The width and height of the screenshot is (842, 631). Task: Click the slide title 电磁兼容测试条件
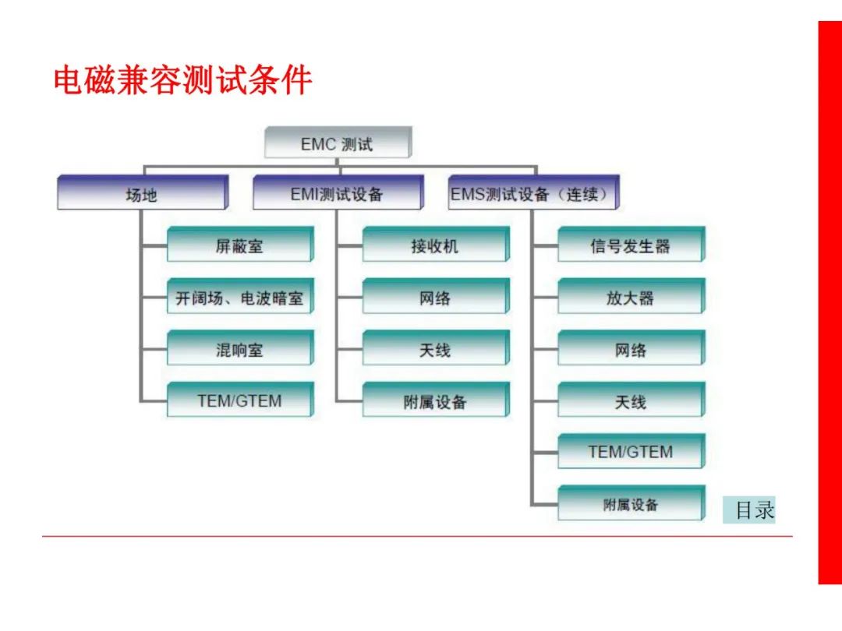click(182, 80)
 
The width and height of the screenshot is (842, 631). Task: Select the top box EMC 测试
click(338, 143)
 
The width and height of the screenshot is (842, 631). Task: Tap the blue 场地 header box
click(143, 192)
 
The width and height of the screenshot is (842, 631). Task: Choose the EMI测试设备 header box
click(338, 192)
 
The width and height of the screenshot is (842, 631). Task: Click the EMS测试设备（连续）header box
click(534, 192)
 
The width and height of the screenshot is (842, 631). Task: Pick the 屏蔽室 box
click(241, 244)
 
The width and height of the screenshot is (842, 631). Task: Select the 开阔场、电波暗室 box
click(241, 296)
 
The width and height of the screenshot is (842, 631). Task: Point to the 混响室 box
click(241, 347)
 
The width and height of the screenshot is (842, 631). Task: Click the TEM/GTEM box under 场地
click(241, 399)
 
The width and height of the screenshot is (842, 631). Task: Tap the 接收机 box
click(436, 244)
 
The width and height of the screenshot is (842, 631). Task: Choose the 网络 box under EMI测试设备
click(436, 296)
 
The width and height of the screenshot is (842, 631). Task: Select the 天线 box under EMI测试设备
click(436, 347)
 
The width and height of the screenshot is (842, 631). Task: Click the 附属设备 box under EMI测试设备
click(436, 399)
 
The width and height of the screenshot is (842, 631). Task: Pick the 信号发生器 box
click(631, 244)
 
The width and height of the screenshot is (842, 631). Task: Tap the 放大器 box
click(631, 296)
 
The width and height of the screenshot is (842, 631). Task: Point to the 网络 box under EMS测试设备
click(631, 347)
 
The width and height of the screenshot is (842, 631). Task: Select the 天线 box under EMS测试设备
click(631, 399)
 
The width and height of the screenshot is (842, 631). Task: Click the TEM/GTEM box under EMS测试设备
click(631, 451)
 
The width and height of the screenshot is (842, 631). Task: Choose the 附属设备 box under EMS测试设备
click(631, 502)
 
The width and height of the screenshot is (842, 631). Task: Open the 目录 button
click(749, 509)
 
